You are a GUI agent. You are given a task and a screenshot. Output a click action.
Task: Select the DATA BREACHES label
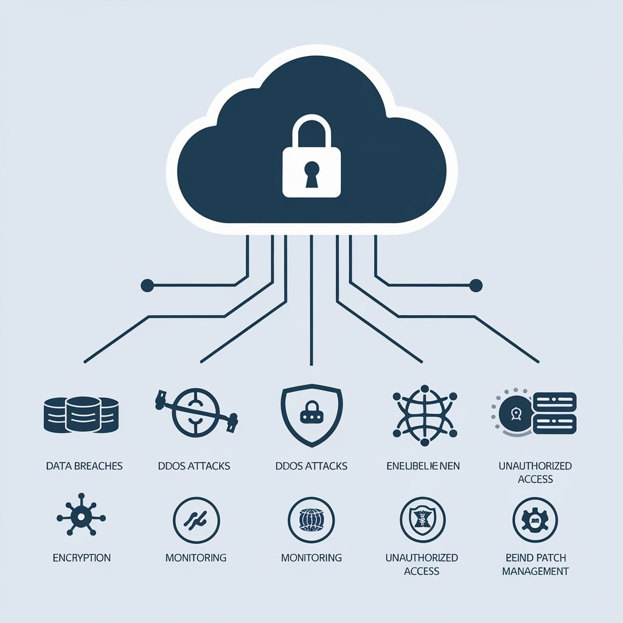pos(84,466)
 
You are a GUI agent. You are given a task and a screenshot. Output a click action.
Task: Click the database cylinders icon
pos(82,414)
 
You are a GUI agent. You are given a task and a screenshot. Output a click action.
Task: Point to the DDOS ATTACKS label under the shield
pos(311,466)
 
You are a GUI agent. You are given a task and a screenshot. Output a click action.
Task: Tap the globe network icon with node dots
pos(423,412)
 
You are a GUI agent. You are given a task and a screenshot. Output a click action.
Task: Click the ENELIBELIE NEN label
pos(423,466)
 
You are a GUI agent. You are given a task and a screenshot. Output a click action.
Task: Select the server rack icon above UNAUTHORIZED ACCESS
pos(534,412)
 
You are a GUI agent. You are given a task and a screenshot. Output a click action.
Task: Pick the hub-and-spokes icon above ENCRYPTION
pos(80,518)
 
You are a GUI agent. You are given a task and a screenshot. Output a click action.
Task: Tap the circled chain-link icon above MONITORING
pos(196,520)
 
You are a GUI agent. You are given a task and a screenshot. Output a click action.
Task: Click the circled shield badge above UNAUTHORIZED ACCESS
pos(422,520)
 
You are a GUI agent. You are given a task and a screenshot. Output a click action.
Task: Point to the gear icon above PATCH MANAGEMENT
pos(535,520)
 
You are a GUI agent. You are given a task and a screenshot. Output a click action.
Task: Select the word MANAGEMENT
pos(535,571)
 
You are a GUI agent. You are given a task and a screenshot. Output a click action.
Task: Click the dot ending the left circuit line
pos(146,285)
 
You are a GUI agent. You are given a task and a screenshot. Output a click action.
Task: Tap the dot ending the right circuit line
pos(476,285)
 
